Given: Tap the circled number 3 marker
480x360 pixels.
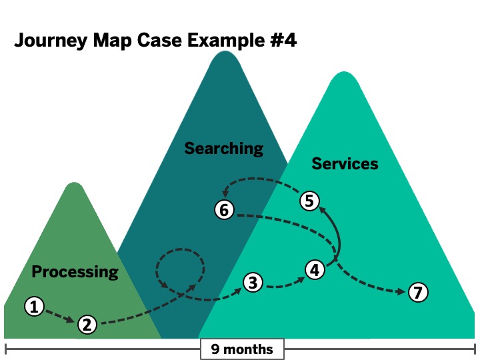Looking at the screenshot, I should [252, 283].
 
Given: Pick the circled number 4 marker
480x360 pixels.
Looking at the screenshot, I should [315, 269].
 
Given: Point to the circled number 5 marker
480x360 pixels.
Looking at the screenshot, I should [309, 200].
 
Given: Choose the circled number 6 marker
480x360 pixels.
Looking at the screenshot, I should [225, 210].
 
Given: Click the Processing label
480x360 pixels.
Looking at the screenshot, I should [75, 271].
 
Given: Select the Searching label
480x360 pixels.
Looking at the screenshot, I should [224, 148].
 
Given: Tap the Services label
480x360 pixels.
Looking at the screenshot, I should [345, 163].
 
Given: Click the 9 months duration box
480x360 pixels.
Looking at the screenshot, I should [242, 349].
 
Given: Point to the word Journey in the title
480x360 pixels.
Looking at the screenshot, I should [49, 41].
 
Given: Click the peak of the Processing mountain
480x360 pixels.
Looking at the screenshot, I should [75, 185].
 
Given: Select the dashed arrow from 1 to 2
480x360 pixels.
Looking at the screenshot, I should [61, 315].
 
